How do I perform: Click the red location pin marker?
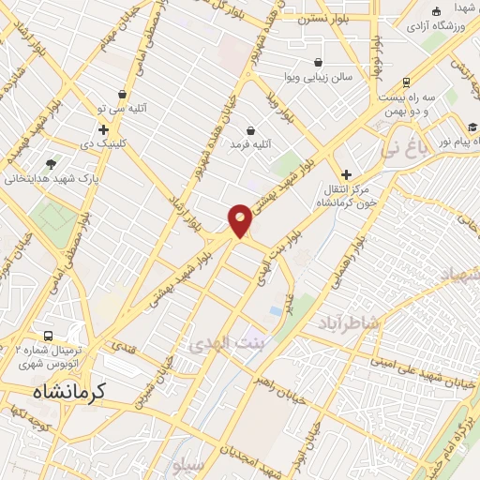240,220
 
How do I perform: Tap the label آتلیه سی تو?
123,109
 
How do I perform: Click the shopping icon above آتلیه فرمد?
250,130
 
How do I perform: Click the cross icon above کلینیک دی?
103,128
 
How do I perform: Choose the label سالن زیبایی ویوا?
321,77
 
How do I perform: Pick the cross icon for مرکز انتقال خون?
346,174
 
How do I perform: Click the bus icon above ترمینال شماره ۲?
46,335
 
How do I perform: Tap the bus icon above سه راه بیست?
406,82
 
